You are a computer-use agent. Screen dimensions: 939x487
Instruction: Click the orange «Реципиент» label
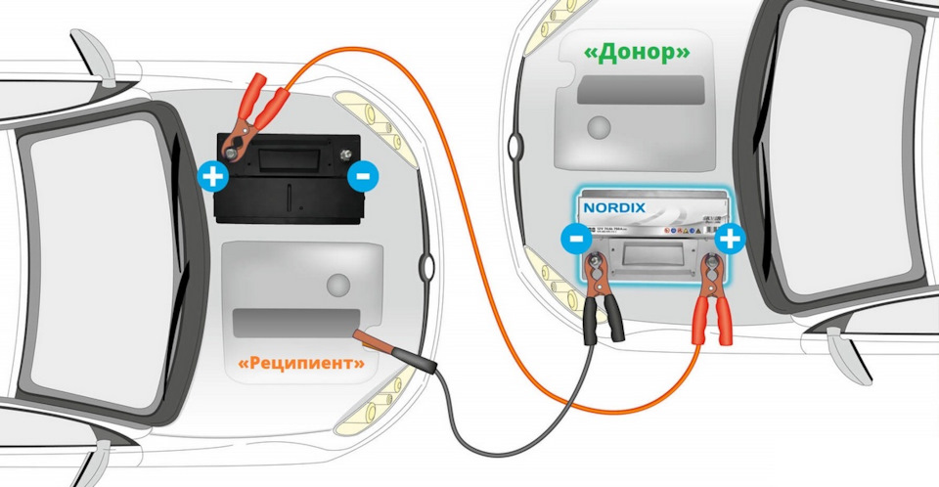(302, 365)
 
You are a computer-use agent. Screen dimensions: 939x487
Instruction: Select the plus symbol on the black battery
(211, 177)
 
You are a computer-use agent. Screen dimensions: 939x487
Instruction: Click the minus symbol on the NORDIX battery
(575, 238)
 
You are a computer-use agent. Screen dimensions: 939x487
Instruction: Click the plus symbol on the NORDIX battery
(730, 238)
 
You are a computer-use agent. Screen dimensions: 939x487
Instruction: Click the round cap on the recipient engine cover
(338, 286)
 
